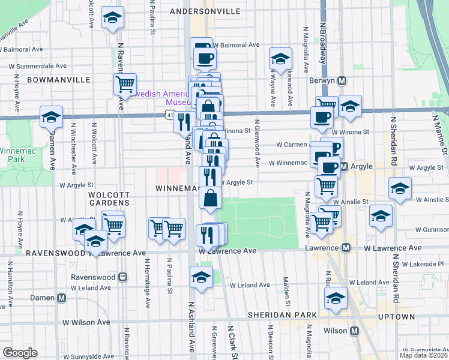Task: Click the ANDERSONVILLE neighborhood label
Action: pyautogui.click(x=205, y=11)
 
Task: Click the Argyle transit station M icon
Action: pyautogui.click(x=345, y=166)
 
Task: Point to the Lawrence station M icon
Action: pyautogui.click(x=346, y=248)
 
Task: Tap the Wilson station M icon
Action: pyautogui.click(x=354, y=331)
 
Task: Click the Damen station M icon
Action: pyautogui.click(x=61, y=298)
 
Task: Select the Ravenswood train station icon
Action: pyautogui.click(x=122, y=277)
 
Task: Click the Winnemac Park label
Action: pyautogui.click(x=12, y=155)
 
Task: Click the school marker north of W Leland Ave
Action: pyautogui.click(x=200, y=277)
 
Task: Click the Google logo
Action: pyautogui.click(x=20, y=353)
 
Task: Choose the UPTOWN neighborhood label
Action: pyautogui.click(x=396, y=316)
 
